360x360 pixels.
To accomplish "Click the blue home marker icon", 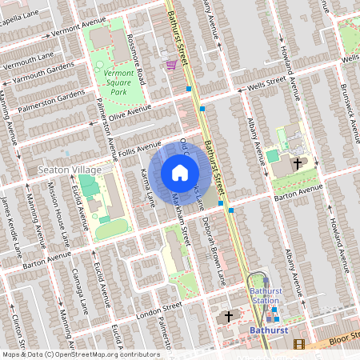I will click(179, 173).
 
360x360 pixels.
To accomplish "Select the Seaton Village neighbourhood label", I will click(70, 170).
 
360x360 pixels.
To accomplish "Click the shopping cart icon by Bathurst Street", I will click(170, 65).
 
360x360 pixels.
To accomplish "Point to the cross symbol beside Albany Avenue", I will click(298, 163).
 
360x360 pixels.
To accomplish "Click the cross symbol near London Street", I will click(229, 316).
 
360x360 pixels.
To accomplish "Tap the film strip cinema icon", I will click(299, 344).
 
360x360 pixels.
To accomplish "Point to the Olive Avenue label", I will click(130, 115).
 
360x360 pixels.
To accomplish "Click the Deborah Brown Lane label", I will click(213, 241).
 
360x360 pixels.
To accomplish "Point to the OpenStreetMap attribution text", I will click(80, 354).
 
